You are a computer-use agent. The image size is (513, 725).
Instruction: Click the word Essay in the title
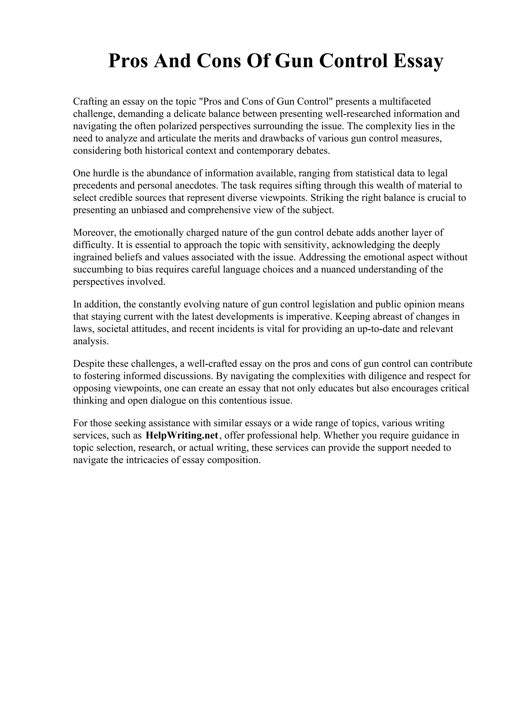pyautogui.click(x=418, y=61)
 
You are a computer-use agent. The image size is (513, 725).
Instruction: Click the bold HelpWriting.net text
pyautogui.click(x=182, y=436)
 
